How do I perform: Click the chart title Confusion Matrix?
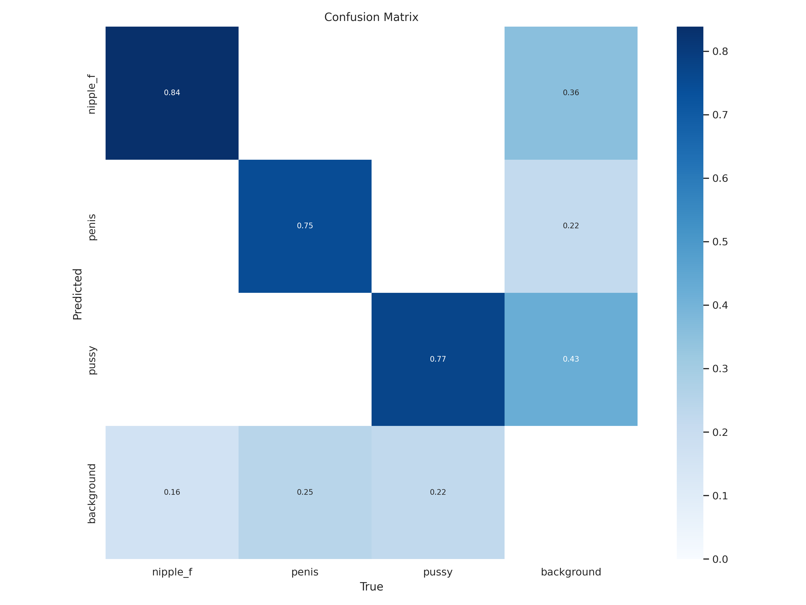pos(371,17)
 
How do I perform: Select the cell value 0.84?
pos(172,92)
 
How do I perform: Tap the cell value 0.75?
pos(305,226)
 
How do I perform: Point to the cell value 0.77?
pos(438,359)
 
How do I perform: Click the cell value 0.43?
pos(571,359)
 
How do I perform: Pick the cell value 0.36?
pos(571,92)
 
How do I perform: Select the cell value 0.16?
pos(172,492)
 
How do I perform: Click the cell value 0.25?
pos(305,492)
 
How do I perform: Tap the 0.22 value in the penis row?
pos(571,226)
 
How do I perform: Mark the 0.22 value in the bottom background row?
pos(438,492)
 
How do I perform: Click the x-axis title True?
pos(371,587)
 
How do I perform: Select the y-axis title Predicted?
pos(78,294)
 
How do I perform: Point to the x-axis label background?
pos(571,572)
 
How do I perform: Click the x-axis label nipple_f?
pos(172,572)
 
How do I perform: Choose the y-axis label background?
pos(92,493)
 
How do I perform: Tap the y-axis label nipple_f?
pos(92,94)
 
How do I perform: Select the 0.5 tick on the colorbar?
pos(720,242)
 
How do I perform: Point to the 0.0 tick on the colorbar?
pos(720,559)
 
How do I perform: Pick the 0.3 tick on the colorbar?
pos(720,369)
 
